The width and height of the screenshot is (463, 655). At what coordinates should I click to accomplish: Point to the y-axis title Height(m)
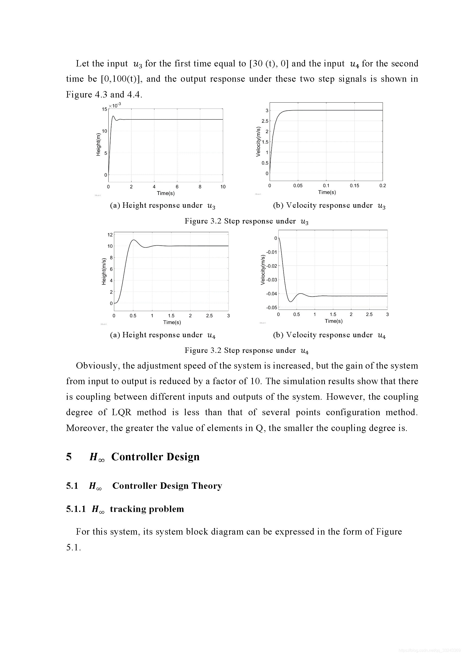click(x=98, y=144)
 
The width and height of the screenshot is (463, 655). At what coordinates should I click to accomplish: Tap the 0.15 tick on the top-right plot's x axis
click(x=354, y=186)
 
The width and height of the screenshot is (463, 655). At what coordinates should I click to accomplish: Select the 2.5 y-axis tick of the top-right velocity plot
click(x=265, y=121)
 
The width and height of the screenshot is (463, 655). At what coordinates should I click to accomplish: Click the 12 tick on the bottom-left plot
click(x=110, y=235)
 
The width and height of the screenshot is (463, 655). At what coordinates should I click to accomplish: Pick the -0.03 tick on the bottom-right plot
click(x=271, y=280)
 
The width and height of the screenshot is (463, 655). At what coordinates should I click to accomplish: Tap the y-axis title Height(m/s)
click(x=104, y=271)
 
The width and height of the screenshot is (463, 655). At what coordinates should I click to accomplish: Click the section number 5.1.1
click(x=76, y=509)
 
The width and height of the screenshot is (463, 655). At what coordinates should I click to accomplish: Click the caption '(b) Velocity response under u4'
click(x=329, y=335)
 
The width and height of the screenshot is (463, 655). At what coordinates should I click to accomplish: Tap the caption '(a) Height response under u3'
click(x=163, y=205)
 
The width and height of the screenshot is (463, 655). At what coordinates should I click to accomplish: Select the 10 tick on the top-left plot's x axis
click(x=223, y=187)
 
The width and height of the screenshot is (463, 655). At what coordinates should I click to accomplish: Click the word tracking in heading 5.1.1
click(x=127, y=509)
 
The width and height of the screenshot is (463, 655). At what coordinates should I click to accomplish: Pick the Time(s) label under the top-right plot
click(x=327, y=192)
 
